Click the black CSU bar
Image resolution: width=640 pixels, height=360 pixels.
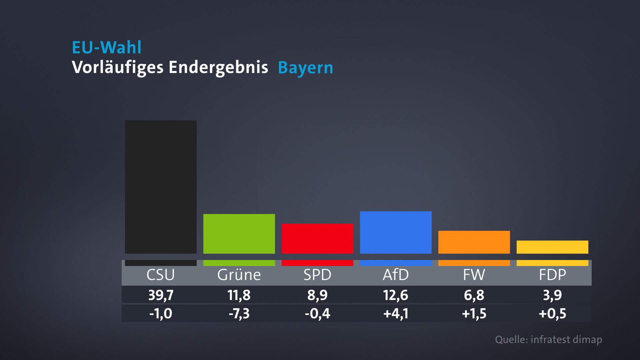161,187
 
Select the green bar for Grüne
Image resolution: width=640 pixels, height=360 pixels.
239,234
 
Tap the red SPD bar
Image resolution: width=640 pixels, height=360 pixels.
317,238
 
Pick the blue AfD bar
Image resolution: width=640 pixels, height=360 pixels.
396,232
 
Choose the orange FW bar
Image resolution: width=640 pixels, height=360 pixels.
474,242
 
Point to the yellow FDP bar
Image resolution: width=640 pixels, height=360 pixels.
552,247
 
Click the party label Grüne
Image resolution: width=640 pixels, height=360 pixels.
239,275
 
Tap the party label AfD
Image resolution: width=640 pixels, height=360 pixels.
396,275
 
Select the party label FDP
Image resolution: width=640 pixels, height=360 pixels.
552,275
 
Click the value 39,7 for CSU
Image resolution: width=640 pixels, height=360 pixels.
161,295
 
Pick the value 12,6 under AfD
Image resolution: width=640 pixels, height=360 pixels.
396,295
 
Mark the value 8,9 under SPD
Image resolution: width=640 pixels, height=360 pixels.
317,295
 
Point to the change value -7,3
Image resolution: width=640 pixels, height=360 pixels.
239,314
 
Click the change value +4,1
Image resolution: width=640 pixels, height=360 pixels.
396,314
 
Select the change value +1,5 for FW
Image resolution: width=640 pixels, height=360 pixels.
474,314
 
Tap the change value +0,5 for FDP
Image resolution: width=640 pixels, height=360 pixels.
552,314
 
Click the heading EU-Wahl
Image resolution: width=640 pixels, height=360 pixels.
107,48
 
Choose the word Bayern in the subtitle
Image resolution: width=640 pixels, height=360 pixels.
305,68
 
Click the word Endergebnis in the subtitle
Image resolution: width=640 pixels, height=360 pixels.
218,68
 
